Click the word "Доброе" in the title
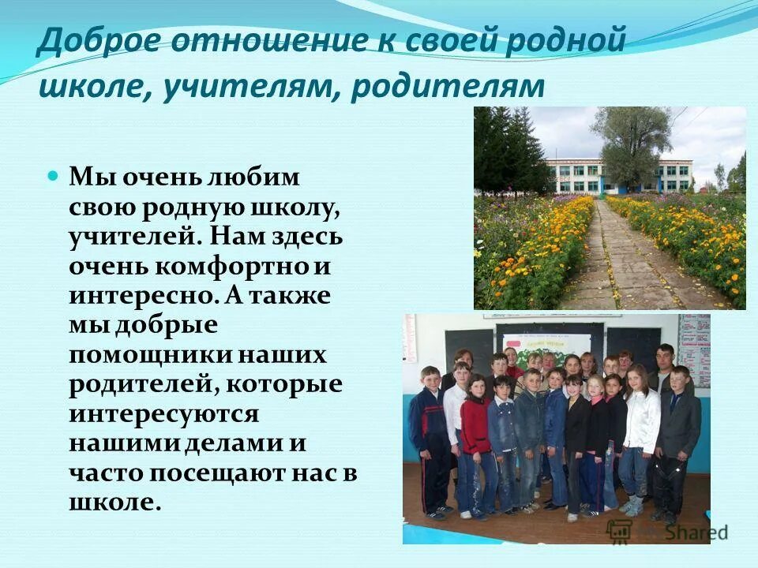click(x=88, y=40)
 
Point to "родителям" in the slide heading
click(x=448, y=86)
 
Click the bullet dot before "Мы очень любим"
click(x=54, y=175)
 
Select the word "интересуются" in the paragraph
click(x=164, y=414)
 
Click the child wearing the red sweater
click(x=475, y=426)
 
